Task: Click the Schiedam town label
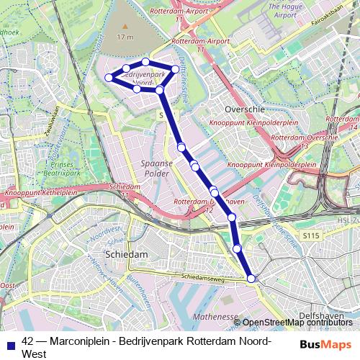pyautogui.click(x=126, y=255)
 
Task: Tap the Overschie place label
pyautogui.click(x=245, y=109)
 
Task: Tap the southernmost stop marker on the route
pyautogui.click(x=251, y=279)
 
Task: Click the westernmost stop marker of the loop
pyautogui.click(x=109, y=77)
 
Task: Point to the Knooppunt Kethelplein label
pyautogui.click(x=41, y=194)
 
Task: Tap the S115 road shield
pyautogui.click(x=310, y=235)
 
